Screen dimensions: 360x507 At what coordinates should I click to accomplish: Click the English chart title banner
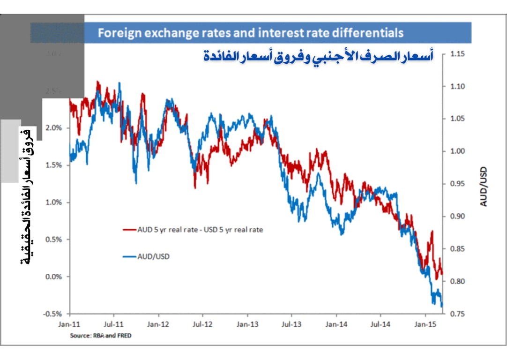(x=250, y=33)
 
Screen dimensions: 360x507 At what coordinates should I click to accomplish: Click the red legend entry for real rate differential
(x=193, y=230)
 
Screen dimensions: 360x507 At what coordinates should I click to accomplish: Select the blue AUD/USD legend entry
(x=146, y=257)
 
